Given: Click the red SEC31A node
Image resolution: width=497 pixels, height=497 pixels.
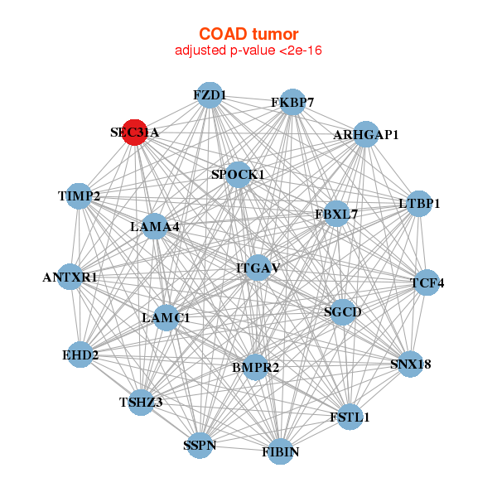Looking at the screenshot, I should (x=134, y=133).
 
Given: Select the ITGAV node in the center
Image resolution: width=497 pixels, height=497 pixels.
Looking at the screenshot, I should (x=258, y=268).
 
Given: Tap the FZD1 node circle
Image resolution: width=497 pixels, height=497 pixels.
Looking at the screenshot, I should (x=210, y=95).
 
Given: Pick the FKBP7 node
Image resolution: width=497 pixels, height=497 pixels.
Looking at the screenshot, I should (x=292, y=103).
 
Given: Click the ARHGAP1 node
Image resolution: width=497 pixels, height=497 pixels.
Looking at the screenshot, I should (x=365, y=134).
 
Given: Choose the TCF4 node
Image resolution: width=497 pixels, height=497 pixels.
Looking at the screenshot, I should (x=427, y=282).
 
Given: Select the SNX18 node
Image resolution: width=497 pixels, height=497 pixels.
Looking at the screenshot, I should (x=411, y=364).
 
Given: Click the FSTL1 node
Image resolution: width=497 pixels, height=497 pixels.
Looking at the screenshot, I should (x=350, y=417).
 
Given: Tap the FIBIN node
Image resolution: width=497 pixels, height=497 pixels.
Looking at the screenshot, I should (x=281, y=451).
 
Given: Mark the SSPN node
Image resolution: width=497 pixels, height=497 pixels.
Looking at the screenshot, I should (x=200, y=446).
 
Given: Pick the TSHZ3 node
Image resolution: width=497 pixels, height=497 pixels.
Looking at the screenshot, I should (x=141, y=403).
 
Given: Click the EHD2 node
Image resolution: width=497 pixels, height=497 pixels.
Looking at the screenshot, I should (x=80, y=355).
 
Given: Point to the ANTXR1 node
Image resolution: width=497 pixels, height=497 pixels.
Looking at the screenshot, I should (x=70, y=277).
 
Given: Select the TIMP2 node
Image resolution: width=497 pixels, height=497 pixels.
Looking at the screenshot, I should (x=79, y=196).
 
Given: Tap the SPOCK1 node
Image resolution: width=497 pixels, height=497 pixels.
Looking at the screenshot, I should (x=238, y=175).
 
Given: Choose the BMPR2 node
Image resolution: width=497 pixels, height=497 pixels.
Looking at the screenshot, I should (x=255, y=366).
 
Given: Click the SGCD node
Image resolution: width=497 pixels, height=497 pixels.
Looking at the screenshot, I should (x=342, y=312).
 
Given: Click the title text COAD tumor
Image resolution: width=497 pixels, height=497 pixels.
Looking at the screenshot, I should (x=248, y=35).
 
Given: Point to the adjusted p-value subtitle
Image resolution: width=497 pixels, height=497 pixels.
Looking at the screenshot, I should (x=248, y=51).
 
